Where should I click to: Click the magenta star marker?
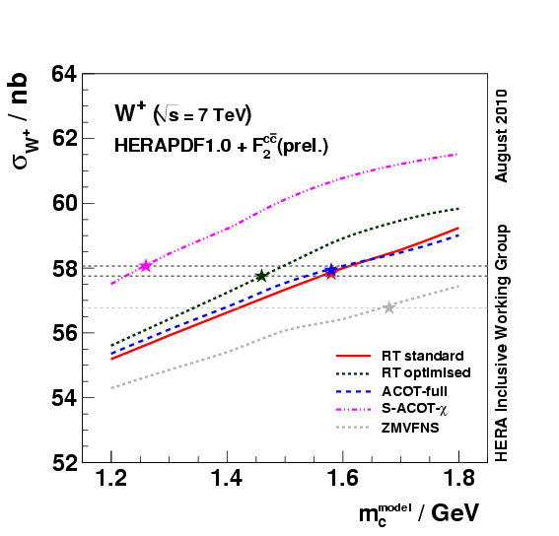tap(146, 266)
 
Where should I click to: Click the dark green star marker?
tap(261, 276)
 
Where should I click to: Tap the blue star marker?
tap(331, 269)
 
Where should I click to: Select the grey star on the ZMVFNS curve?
tap(389, 307)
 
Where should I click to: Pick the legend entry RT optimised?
tap(426, 372)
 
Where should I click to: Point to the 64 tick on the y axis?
tap(64, 74)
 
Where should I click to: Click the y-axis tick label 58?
tap(64, 268)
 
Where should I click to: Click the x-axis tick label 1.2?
tap(111, 481)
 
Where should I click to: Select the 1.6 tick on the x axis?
tap(342, 481)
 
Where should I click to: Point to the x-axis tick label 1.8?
tap(457, 481)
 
